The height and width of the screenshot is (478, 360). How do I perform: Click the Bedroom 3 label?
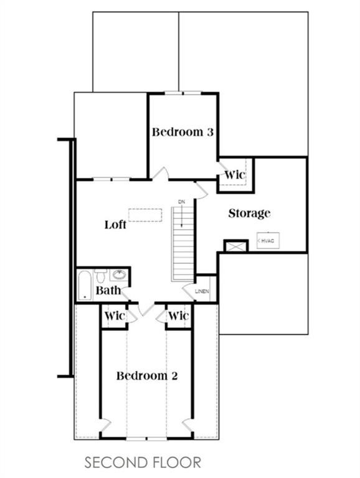[x=182, y=132]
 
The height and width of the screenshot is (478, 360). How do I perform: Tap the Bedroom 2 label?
[x=147, y=375]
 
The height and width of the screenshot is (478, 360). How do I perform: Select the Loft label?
[x=115, y=225]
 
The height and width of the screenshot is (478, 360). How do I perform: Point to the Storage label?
[x=249, y=213]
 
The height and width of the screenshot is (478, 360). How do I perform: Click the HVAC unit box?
[x=268, y=240]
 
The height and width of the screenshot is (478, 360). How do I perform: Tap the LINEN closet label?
[x=202, y=291]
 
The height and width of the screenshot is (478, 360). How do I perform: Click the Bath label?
[x=108, y=290]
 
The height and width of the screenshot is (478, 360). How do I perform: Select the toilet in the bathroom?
[x=100, y=275]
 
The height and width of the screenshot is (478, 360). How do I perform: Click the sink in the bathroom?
[x=119, y=274]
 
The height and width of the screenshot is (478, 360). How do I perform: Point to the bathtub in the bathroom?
[x=85, y=286]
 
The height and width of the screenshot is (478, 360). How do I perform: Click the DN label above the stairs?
[x=181, y=202]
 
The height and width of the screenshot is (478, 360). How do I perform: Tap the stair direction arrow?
[x=182, y=216]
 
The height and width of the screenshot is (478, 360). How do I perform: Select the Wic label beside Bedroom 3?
[x=235, y=175]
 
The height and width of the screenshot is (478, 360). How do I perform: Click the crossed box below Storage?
[x=235, y=246]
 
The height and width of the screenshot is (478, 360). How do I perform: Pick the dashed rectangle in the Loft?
[x=145, y=215]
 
